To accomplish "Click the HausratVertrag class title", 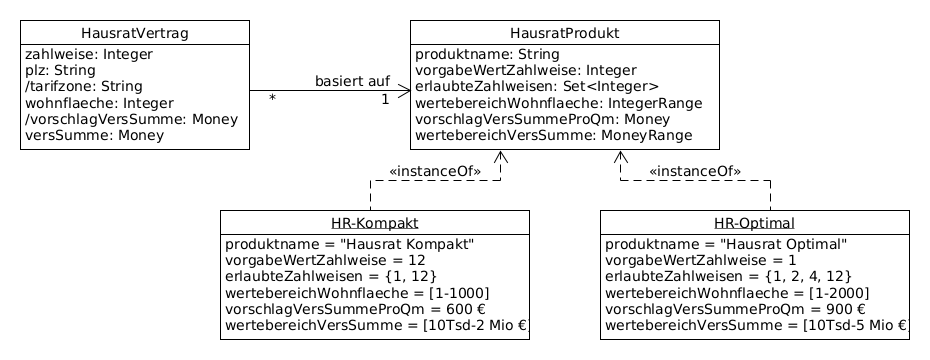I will coord(134,34).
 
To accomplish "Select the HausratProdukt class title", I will coord(564,34).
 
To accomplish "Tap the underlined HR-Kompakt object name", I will coord(374,222).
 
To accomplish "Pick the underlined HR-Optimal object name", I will coord(754,222).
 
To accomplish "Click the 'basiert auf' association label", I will coord(352,81).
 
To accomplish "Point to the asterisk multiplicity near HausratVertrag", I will coord(272,100).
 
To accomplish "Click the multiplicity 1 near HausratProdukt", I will coord(385,100).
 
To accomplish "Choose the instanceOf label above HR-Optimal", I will coord(694,171).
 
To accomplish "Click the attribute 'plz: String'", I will coord(60,70).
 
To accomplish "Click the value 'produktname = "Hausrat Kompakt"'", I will coord(349,244).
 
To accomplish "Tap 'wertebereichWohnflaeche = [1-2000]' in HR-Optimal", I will coord(737,292).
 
